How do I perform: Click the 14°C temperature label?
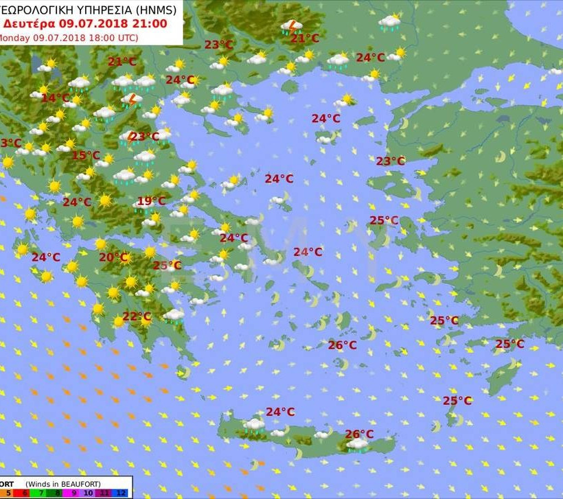point(55,98)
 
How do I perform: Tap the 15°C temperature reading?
point(85,155)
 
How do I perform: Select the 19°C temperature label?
point(151,201)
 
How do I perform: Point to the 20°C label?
point(113,257)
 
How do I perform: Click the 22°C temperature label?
point(137,316)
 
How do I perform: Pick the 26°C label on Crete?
point(359,434)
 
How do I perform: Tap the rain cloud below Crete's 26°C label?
point(357,445)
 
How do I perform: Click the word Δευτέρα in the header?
point(30,23)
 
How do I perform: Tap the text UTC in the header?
point(126,37)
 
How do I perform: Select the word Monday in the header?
point(14,37)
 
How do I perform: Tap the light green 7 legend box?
point(41,493)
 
